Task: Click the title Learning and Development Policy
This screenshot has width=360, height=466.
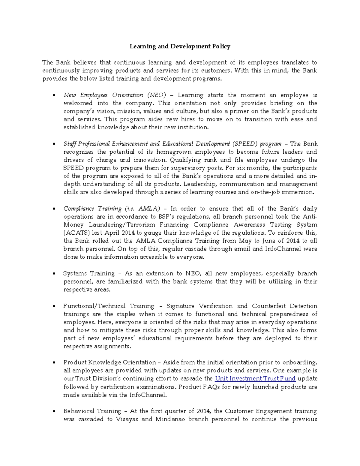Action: click(180, 46)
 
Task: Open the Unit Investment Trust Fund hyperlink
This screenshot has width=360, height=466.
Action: click(255, 378)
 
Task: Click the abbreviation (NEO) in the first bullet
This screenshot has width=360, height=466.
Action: click(157, 95)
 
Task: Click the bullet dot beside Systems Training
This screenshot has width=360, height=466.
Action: click(54, 274)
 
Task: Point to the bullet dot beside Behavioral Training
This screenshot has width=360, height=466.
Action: click(54, 411)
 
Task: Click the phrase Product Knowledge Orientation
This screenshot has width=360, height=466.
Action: click(109, 362)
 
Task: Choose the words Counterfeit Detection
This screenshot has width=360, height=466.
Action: click(284, 306)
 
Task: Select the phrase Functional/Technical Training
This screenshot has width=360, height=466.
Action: click(109, 306)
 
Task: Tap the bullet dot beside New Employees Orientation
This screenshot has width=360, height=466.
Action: click(54, 95)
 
